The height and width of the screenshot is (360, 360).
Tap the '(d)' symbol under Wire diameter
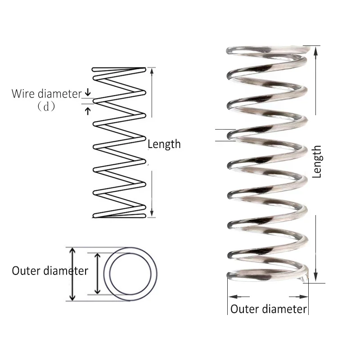pos(45,107)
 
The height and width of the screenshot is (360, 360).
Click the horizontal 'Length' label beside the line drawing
pos(164,144)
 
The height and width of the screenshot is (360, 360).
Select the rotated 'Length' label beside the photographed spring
pos(317,162)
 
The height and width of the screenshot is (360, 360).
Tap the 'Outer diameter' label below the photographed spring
pos(269,309)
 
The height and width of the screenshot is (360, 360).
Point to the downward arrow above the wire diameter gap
pos(88,93)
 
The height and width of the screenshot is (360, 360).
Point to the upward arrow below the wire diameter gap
pos(88,109)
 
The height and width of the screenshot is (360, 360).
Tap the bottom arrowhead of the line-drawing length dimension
pos(152,213)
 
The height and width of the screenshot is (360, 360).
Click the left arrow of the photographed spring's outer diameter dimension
pos(232,297)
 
